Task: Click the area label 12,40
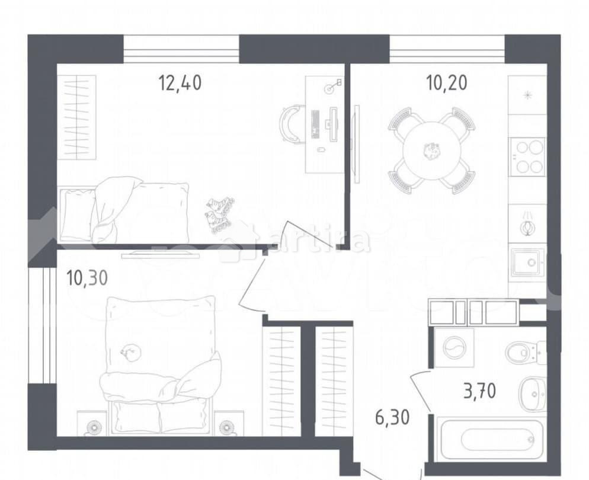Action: point(180,83)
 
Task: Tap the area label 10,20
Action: point(446,83)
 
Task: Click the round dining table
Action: point(431,151)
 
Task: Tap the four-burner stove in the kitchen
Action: point(528,155)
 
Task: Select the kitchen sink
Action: point(527,262)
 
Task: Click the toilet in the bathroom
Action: point(524,353)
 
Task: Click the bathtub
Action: point(490,439)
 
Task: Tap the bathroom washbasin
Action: point(532,394)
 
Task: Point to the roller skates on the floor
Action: point(219,215)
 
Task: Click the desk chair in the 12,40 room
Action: point(292,122)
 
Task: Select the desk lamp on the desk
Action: point(333,87)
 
